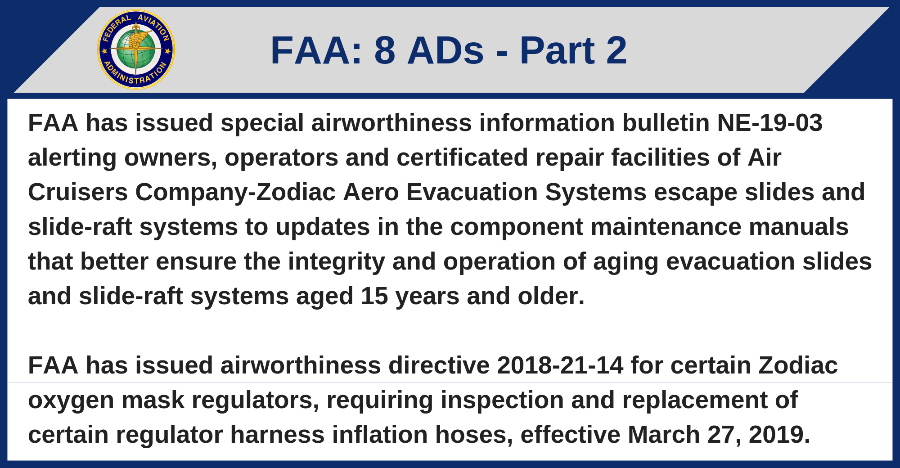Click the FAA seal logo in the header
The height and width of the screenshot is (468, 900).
[136, 49]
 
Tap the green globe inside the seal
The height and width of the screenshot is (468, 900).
[136, 50]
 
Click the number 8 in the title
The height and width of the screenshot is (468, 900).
[385, 50]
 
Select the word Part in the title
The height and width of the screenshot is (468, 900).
[557, 50]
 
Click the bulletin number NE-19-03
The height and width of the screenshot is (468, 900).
[770, 123]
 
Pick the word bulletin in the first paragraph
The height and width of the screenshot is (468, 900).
[666, 123]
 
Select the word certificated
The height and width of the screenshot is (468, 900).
[462, 157]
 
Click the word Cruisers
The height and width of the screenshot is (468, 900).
[78, 192]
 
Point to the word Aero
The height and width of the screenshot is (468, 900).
[371, 192]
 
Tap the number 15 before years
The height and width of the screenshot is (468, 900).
[374, 296]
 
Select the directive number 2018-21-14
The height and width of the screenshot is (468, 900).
[560, 365]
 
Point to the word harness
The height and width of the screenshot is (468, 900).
[277, 434]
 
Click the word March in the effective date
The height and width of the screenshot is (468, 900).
[664, 434]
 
